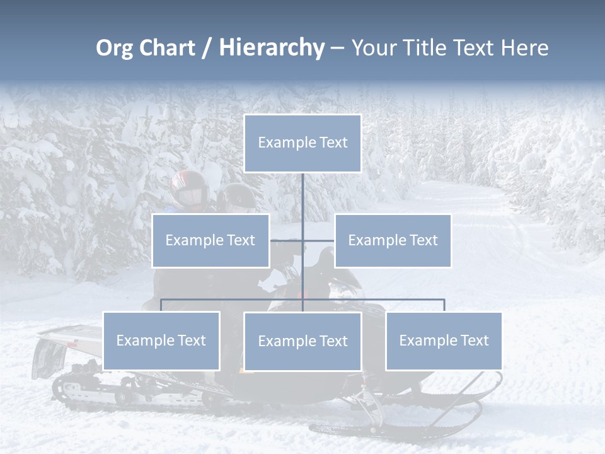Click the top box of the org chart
tap(302, 143)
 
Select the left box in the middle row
tap(210, 240)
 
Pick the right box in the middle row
tap(393, 240)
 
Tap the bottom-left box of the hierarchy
tap(161, 340)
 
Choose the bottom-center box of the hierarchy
tap(302, 341)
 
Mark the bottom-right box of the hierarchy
tap(444, 340)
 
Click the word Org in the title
tap(114, 48)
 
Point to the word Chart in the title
tap(167, 48)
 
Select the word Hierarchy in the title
tap(272, 48)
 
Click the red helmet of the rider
tap(188, 189)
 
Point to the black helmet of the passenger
tap(236, 197)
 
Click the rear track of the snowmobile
tap(95, 391)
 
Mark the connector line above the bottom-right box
tap(444, 305)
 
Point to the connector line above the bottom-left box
tap(161, 305)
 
